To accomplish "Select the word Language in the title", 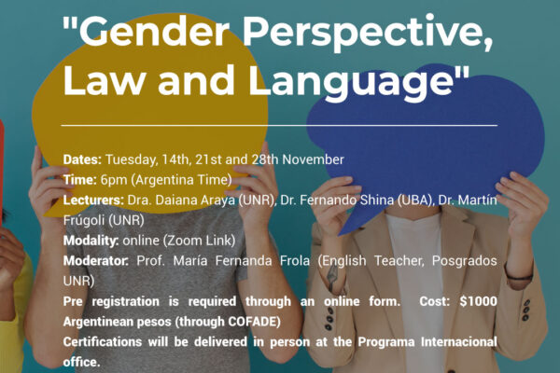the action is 351,83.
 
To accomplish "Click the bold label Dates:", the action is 82,159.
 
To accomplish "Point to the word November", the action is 313,159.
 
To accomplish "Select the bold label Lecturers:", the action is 93,200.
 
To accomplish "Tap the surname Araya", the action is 217,200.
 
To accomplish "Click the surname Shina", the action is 377,200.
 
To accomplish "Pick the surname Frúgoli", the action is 83,220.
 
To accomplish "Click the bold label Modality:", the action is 91,241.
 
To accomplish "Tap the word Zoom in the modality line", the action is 183,241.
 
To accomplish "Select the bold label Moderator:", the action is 96,261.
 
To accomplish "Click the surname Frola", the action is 295,261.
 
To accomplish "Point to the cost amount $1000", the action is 478,301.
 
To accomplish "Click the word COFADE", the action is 252,322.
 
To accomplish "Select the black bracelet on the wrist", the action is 519,276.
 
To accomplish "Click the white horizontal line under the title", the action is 279,126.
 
